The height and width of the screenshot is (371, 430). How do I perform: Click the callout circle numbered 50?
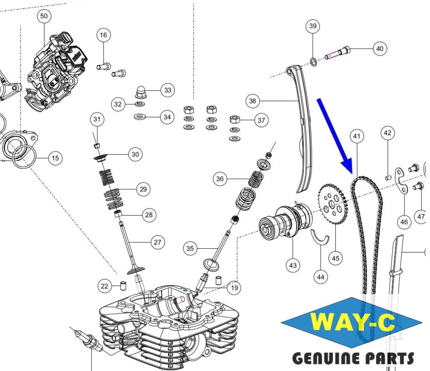[44, 16]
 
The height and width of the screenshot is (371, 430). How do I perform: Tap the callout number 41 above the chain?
[357, 136]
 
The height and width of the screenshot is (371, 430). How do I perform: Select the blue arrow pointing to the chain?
[335, 136]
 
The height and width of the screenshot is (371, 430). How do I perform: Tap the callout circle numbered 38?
[252, 101]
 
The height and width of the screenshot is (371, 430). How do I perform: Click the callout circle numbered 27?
[158, 242]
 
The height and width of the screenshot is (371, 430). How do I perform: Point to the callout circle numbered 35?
[190, 249]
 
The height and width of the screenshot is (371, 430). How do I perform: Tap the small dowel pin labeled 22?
[123, 286]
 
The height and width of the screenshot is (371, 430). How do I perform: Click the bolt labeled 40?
[338, 53]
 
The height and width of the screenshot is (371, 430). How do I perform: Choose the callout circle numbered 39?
[313, 26]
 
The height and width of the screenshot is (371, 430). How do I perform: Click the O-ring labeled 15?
[25, 157]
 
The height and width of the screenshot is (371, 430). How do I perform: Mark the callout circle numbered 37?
[262, 120]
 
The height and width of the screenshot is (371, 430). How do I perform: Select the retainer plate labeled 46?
[401, 180]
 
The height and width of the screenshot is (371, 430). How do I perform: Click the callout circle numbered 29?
[143, 189]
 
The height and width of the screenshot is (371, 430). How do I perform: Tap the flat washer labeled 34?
[140, 117]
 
